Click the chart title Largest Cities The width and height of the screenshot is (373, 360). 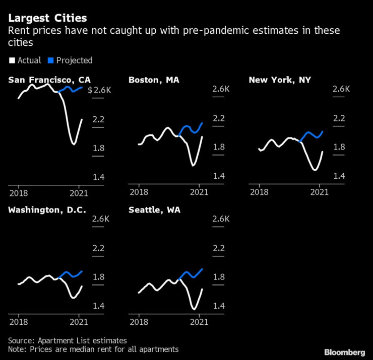[47, 18]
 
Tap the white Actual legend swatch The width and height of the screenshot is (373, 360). [12, 60]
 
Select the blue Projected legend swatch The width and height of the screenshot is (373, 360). [50, 60]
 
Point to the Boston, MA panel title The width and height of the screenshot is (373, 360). [153, 80]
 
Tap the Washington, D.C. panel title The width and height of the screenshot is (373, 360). [47, 209]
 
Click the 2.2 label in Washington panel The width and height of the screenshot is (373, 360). [98, 248]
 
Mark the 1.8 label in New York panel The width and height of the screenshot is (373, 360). [339, 147]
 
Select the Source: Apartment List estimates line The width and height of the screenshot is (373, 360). [68, 340]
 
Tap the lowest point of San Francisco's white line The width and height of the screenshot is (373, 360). [74, 144]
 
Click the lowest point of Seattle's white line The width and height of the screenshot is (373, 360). [194, 309]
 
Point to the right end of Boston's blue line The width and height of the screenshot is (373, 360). [202, 123]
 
